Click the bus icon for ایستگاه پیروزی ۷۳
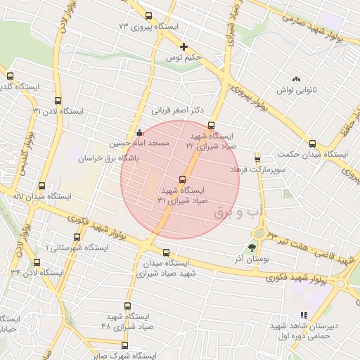pyautogui.click(x=148, y=15)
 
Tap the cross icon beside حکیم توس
pyautogui.click(x=184, y=47)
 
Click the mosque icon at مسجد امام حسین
pyautogui.click(x=139, y=131)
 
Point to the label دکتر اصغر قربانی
pyautogui.click(x=177, y=110)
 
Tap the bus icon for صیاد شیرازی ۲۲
pyautogui.click(x=211, y=126)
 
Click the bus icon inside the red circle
pyautogui.click(x=184, y=179)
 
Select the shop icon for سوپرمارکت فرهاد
pyautogui.click(x=257, y=159)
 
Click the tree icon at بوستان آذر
pyautogui.click(x=251, y=247)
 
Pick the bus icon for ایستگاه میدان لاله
pyautogui.click(x=41, y=186)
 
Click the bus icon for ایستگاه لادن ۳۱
pyautogui.click(x=58, y=101)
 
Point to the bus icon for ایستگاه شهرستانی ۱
pyautogui.click(x=77, y=238)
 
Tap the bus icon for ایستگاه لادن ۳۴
pyautogui.click(x=36, y=262)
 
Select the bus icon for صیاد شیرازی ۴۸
pyautogui.click(x=127, y=306)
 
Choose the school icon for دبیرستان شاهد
pyautogui.click(x=304, y=315)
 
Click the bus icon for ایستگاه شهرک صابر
pyautogui.click(x=125, y=345)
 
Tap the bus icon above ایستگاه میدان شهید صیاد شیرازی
pyautogui.click(x=166, y=252)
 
